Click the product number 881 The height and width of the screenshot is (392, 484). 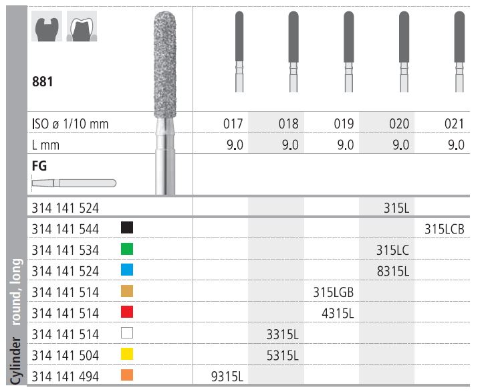click(x=42, y=82)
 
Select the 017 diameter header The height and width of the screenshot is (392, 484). click(x=233, y=124)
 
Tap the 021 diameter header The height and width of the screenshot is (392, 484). click(x=454, y=124)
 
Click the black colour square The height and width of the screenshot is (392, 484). click(x=127, y=227)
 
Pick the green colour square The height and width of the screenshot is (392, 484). click(x=127, y=249)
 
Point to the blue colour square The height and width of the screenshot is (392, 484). click(x=127, y=270)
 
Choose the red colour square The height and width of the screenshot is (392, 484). click(x=127, y=312)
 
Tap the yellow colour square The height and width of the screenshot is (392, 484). click(x=127, y=354)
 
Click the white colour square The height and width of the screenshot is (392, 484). click(x=127, y=333)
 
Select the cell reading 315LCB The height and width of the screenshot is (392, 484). click(x=444, y=229)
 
